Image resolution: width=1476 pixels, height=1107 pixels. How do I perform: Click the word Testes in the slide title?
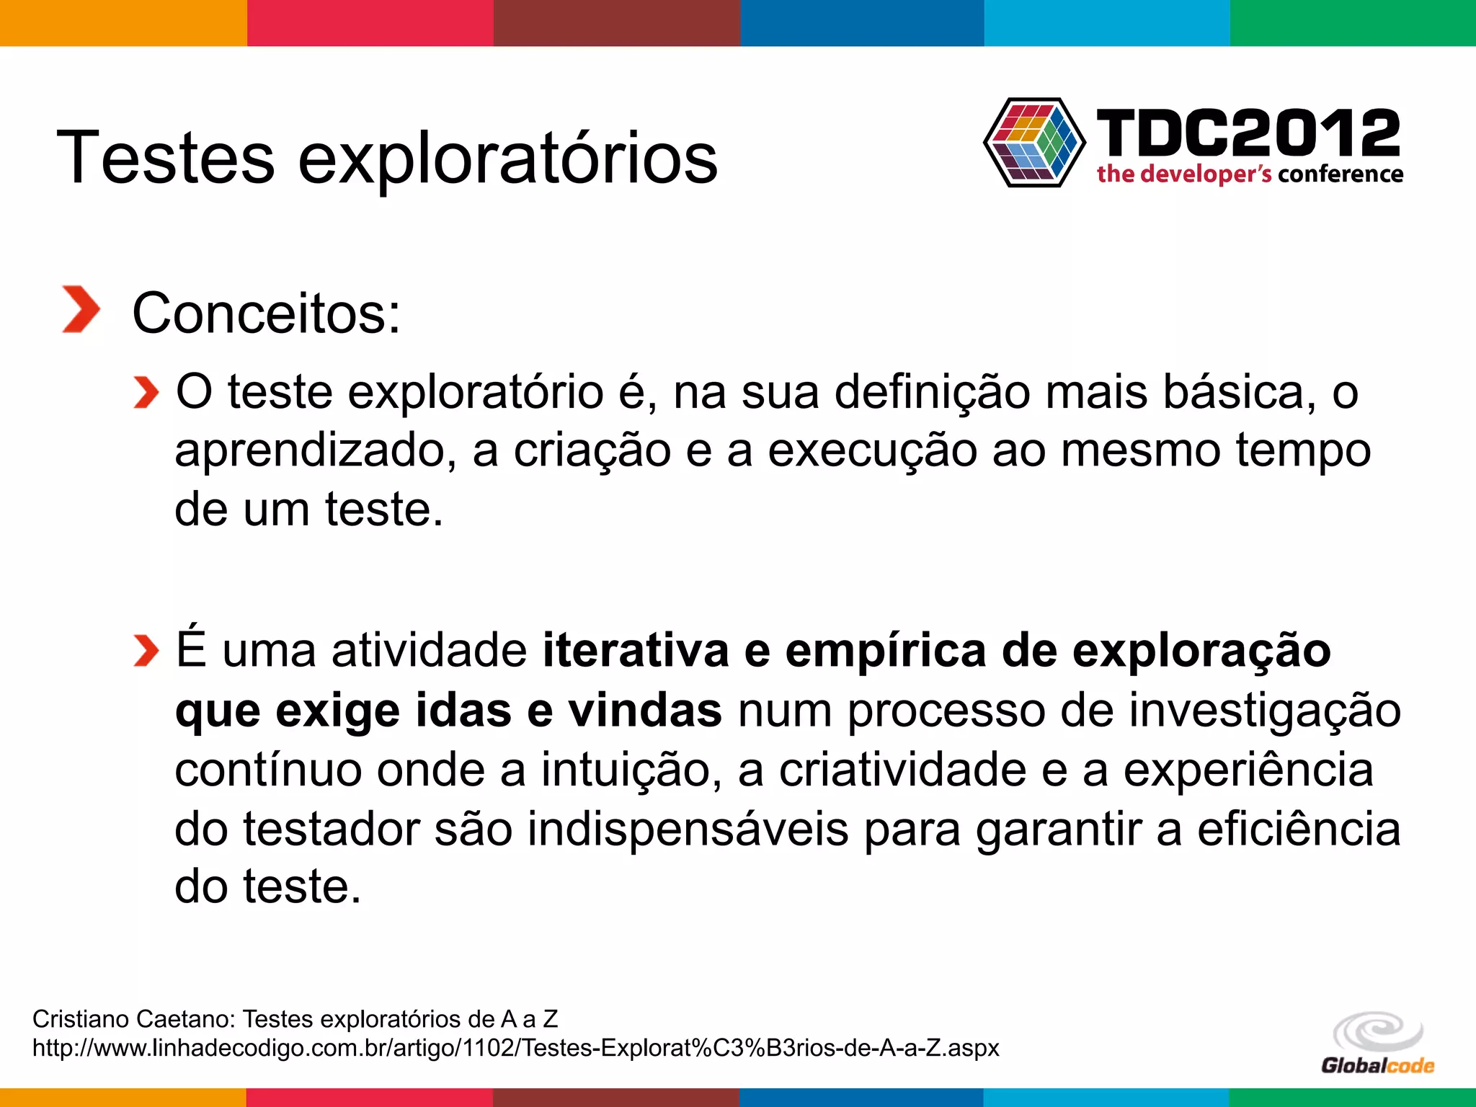tap(165, 158)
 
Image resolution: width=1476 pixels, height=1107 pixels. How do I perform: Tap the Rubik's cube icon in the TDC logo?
tap(1033, 143)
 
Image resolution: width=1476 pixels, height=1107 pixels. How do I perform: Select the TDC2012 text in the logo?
tap(1248, 133)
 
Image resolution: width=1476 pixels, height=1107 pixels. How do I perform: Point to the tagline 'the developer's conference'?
tap(1250, 174)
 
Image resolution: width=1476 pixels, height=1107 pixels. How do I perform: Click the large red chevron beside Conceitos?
tap(80, 310)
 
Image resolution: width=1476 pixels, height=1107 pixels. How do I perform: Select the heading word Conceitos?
tap(265, 314)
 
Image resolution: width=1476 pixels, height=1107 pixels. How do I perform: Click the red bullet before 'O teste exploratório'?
tap(146, 393)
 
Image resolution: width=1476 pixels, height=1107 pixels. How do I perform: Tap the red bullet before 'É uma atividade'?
tap(146, 652)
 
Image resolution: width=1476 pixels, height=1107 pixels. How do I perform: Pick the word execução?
tap(872, 450)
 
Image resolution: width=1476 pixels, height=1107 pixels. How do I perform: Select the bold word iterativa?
tap(636, 650)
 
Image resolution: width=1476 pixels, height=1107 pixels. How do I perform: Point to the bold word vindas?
tap(645, 711)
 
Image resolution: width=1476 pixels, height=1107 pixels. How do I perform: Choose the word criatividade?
tap(902, 770)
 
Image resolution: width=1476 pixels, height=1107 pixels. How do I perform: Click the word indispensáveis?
tap(688, 829)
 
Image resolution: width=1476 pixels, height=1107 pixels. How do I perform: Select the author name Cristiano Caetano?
tap(134, 1019)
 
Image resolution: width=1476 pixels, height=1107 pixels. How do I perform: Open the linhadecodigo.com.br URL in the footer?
tap(515, 1047)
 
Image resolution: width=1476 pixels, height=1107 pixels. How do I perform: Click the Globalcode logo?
tap(1377, 1044)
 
